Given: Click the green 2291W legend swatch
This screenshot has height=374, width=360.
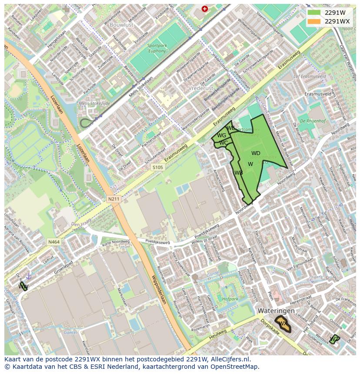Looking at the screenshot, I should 314,13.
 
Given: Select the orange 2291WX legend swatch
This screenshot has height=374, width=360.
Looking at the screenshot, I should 314,21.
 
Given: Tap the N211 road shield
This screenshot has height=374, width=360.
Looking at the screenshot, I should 113,199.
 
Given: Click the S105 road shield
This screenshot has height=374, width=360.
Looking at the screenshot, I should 158,167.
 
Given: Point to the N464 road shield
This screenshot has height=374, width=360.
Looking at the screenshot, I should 54,242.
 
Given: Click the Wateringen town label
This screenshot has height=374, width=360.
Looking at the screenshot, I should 276,311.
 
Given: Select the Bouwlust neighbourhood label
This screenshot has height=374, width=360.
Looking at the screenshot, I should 122,25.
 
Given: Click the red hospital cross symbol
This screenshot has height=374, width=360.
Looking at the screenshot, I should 205,9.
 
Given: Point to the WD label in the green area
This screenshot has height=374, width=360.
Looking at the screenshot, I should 256,153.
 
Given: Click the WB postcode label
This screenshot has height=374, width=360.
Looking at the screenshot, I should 238,173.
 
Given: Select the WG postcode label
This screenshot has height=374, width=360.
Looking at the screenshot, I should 221,136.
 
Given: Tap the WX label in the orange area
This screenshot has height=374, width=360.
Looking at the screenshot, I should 283,324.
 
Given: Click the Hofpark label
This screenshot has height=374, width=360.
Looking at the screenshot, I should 230,299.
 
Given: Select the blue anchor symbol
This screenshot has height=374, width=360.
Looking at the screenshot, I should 29,276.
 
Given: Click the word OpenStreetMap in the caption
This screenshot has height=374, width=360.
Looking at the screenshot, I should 235,367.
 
